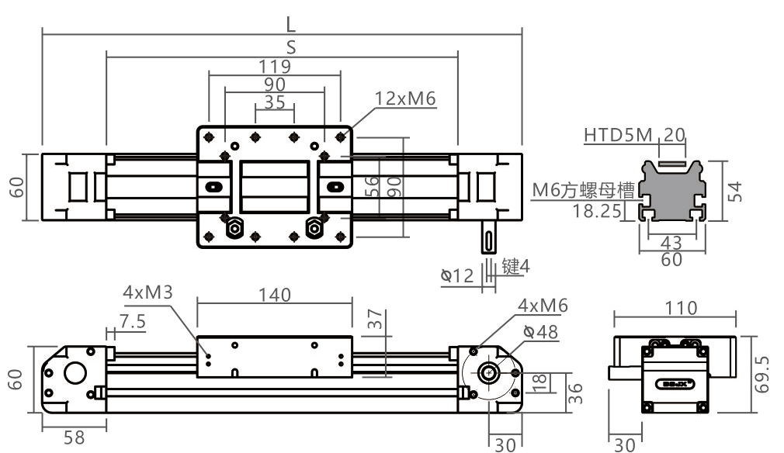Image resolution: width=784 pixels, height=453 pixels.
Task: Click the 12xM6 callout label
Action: tap(405, 99)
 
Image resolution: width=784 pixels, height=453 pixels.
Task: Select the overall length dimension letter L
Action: tap(291, 23)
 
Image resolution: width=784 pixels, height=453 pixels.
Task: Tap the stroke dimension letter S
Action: tap(291, 47)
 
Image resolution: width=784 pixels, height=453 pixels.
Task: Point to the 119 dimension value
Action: tap(275, 66)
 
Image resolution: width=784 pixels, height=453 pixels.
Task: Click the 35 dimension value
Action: tap(275, 102)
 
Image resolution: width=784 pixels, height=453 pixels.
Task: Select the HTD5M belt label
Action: tap(618, 136)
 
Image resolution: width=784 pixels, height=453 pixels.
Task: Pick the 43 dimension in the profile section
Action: tap(671, 244)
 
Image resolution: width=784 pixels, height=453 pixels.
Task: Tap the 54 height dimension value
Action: tap(737, 191)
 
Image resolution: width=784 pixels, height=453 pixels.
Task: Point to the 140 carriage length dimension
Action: tap(275, 295)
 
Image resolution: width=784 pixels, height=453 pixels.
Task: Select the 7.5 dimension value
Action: tap(133, 322)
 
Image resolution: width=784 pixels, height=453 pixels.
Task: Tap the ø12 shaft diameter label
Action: tap(457, 275)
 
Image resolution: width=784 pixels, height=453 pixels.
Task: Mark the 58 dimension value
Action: tap(74, 437)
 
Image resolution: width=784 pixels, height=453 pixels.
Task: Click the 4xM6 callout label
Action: tap(543, 306)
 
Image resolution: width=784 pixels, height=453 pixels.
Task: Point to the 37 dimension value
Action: tap(376, 319)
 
